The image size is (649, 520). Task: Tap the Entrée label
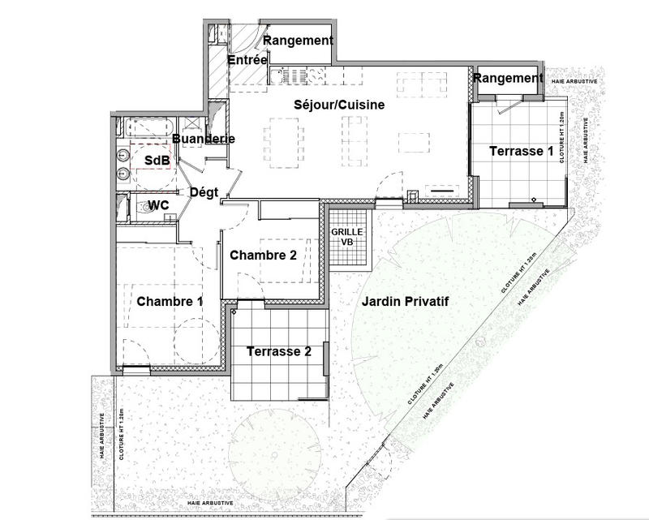(247, 60)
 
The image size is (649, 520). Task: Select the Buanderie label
(204, 140)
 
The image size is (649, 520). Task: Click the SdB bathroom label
(157, 161)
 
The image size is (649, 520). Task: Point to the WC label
(158, 206)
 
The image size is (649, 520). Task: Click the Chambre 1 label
(169, 302)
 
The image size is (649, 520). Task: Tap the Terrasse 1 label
(521, 152)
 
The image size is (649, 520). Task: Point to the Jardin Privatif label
(406, 302)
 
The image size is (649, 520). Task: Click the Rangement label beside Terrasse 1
(507, 79)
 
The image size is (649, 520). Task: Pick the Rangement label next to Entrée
(299, 41)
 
